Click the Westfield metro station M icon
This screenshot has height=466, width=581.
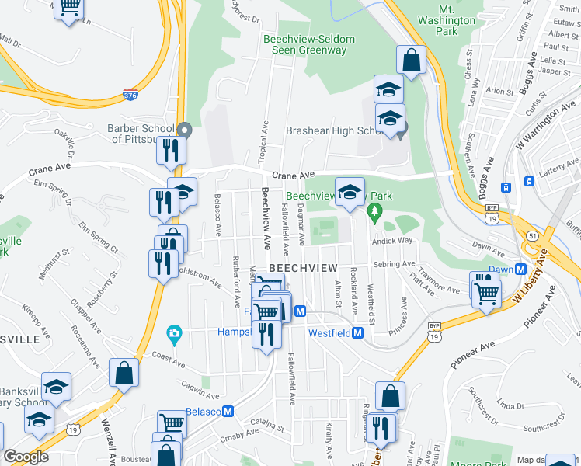click(x=358, y=333)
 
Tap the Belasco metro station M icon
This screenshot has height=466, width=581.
click(x=228, y=411)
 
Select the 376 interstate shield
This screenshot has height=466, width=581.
click(x=130, y=95)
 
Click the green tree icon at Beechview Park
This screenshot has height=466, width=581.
click(x=375, y=210)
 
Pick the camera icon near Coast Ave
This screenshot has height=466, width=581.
click(x=174, y=335)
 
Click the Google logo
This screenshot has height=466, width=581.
click(x=26, y=457)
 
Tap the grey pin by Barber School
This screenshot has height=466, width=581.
click(x=184, y=129)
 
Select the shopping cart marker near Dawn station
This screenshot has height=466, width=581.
click(x=485, y=294)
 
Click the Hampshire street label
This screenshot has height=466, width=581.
click(x=235, y=332)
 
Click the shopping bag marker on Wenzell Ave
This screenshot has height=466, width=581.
click(x=124, y=373)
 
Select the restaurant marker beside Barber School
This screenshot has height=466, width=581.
click(x=171, y=150)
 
